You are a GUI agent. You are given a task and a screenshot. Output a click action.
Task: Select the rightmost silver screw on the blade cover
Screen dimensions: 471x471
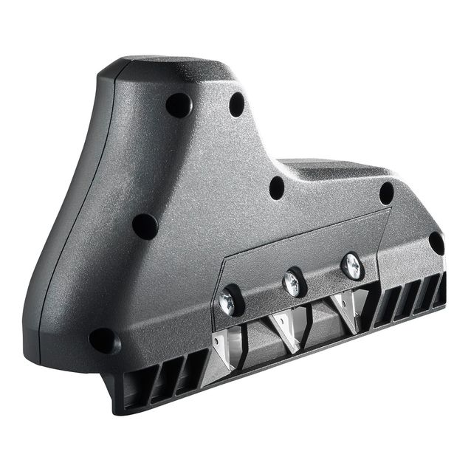point(351,264)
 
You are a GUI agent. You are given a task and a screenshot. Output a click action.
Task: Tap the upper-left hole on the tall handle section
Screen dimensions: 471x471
point(178,106)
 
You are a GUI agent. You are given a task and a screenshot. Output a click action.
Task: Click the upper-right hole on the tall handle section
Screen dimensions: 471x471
point(237,103)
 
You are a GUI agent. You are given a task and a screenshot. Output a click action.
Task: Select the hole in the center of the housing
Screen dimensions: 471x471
point(277,188)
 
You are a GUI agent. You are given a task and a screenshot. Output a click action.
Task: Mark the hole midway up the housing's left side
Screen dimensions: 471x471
point(145,226)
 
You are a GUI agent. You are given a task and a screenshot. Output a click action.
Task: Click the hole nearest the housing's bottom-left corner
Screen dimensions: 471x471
point(103,340)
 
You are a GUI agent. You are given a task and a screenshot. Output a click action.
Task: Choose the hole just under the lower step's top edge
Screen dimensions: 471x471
point(386,193)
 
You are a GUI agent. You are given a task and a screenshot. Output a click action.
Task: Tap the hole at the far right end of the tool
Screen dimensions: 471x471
point(436,243)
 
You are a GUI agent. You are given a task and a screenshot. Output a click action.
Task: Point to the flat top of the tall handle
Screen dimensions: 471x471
point(170,68)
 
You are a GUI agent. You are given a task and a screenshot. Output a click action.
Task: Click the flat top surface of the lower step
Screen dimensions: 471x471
point(332,169)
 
